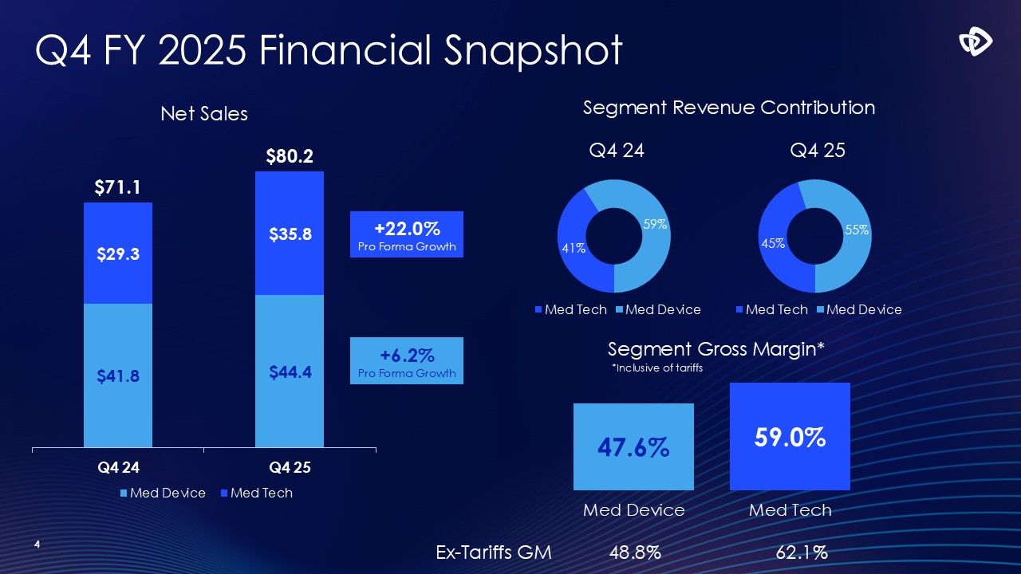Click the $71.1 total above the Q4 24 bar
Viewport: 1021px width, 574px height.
(117, 187)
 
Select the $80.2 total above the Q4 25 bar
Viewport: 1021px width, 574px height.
(289, 156)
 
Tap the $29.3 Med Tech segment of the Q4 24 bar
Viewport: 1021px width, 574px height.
(118, 254)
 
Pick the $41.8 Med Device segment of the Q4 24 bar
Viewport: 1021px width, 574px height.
(118, 376)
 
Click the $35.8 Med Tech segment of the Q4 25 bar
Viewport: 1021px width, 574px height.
(289, 234)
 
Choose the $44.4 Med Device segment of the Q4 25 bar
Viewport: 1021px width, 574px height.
(289, 372)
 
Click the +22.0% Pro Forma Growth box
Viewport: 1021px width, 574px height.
(407, 234)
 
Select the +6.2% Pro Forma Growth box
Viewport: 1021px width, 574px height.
(407, 361)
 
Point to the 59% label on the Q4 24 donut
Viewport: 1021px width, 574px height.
(655, 225)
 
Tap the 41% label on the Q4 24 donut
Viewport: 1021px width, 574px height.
(574, 248)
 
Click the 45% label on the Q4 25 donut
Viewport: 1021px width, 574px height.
(773, 243)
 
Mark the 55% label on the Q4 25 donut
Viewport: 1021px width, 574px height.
(857, 230)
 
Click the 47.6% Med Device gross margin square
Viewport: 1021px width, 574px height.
(633, 447)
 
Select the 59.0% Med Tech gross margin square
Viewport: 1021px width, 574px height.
(790, 437)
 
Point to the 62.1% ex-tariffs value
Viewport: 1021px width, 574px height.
(801, 552)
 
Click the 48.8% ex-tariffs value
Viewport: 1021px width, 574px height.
(635, 552)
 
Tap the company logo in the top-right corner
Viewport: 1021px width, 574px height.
(975, 41)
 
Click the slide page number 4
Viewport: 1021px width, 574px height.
(37, 545)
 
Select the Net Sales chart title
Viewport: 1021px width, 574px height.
(204, 114)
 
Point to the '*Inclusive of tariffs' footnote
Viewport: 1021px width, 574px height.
(656, 368)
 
